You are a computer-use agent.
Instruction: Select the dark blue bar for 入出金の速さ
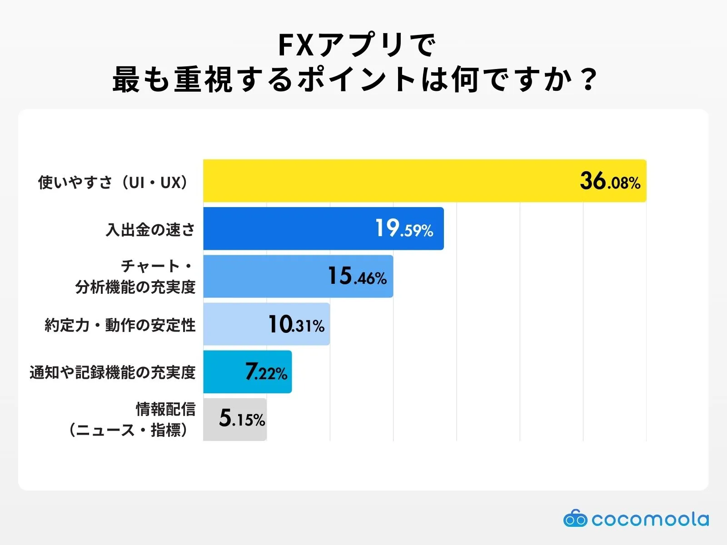[x=291, y=228]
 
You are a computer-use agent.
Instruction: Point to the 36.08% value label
[x=610, y=181]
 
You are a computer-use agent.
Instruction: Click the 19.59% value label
[x=404, y=229]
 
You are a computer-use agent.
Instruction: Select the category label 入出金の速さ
[x=150, y=230]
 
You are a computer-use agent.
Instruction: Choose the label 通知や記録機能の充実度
[x=113, y=372]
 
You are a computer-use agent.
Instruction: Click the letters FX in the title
[x=296, y=45]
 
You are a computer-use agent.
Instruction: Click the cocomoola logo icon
[x=575, y=519]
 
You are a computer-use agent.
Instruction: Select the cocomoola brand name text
[x=650, y=519]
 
